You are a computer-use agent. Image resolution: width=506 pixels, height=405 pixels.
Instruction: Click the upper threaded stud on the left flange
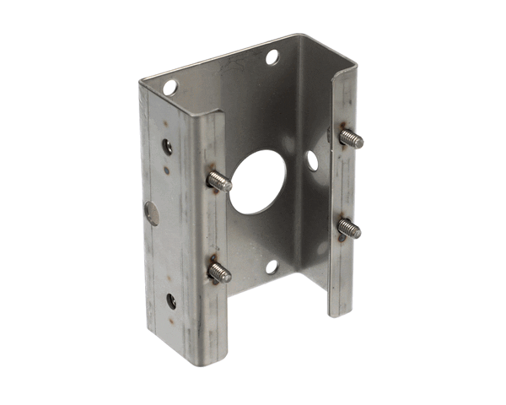click(219, 180)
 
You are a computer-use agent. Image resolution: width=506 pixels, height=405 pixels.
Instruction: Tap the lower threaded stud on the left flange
click(219, 271)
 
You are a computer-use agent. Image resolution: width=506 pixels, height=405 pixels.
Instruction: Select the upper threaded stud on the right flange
click(351, 138)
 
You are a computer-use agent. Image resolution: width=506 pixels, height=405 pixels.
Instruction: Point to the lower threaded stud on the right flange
click(349, 227)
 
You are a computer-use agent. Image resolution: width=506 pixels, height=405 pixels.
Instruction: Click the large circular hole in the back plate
click(258, 181)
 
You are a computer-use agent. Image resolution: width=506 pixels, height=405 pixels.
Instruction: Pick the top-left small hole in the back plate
click(170, 87)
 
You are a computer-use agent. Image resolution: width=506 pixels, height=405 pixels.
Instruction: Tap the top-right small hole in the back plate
click(272, 57)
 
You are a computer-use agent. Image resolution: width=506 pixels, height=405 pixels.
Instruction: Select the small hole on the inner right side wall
click(312, 159)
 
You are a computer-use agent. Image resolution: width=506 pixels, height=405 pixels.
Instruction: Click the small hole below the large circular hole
click(272, 267)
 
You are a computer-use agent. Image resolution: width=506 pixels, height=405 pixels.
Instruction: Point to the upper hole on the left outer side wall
click(168, 147)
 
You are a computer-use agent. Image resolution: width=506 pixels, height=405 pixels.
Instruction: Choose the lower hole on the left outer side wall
click(171, 300)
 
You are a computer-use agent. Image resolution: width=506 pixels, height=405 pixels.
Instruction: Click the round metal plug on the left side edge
click(152, 213)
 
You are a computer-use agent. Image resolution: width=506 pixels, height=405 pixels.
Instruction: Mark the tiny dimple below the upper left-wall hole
click(166, 170)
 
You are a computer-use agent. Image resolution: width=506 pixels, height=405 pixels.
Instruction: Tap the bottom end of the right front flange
click(341, 312)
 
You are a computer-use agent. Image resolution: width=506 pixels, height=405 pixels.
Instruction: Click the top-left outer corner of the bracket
click(141, 82)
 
